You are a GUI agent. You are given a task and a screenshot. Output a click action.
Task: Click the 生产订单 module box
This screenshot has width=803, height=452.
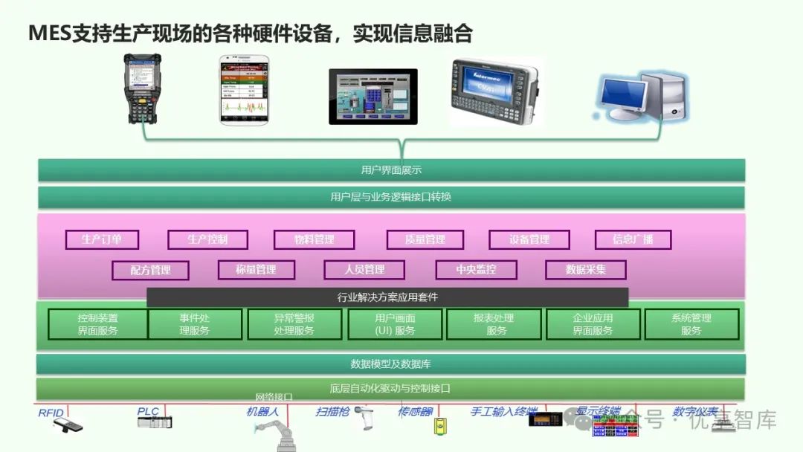[101, 239]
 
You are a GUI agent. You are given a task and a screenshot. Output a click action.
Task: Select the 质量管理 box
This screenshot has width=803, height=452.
[425, 239]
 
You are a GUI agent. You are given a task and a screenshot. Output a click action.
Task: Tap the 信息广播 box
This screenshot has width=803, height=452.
[633, 239]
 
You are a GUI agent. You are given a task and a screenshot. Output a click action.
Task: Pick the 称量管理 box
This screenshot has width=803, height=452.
[256, 270]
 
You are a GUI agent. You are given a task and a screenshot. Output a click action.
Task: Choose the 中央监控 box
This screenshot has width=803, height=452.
[476, 270]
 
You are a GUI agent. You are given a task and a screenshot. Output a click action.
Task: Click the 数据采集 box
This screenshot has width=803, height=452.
[585, 270]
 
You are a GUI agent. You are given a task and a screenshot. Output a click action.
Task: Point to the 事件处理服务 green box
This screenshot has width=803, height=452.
[195, 324]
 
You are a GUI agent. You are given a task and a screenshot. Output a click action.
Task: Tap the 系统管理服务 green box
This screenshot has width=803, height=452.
[691, 324]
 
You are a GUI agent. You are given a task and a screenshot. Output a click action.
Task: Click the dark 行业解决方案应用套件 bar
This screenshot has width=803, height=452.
[387, 297]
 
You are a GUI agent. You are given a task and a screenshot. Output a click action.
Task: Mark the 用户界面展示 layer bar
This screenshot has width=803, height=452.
[391, 170]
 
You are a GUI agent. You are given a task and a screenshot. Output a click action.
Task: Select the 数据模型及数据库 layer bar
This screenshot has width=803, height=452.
[391, 364]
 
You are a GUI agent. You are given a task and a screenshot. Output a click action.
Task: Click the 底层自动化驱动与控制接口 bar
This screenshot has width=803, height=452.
[391, 389]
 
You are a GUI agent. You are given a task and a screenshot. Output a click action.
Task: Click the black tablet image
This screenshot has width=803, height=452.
[373, 97]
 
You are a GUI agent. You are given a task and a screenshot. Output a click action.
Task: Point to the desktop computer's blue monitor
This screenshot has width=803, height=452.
[623, 94]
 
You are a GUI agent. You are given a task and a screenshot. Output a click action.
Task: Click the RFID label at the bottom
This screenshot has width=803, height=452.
[51, 412]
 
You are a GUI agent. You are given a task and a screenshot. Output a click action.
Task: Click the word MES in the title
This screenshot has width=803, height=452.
[49, 33]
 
